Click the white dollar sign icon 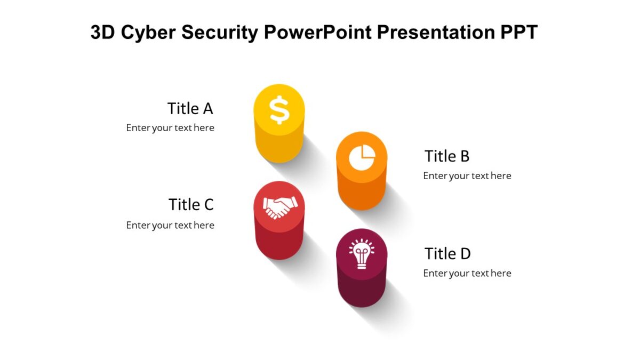pyautogui.click(x=279, y=110)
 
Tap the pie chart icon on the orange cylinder pyautogui.click(x=362, y=157)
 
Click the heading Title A pyautogui.click(x=190, y=109)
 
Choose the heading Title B pyautogui.click(x=447, y=156)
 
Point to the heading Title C pyautogui.click(x=191, y=205)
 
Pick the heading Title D pyautogui.click(x=447, y=254)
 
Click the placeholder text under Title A pyautogui.click(x=170, y=127)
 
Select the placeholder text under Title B pyautogui.click(x=467, y=175)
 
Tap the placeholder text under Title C pyautogui.click(x=170, y=226)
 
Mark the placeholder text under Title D pyautogui.click(x=467, y=274)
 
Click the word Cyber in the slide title pyautogui.click(x=148, y=33)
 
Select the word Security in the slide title pyautogui.click(x=220, y=33)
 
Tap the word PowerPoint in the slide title pyautogui.click(x=318, y=32)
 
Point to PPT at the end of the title pyautogui.click(x=519, y=32)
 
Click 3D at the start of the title pyautogui.click(x=103, y=32)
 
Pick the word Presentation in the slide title pyautogui.click(x=436, y=32)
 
